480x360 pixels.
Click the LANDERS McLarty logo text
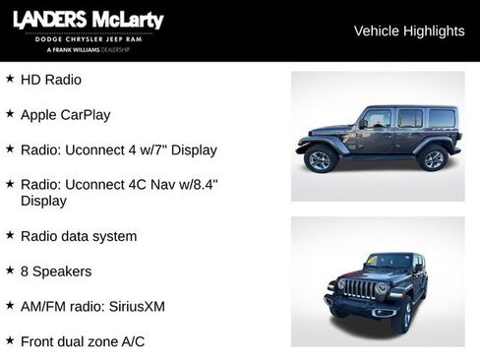pyautogui.click(x=88, y=21)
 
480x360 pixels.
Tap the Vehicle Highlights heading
pyautogui.click(x=408, y=30)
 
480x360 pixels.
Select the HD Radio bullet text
pyautogui.click(x=51, y=79)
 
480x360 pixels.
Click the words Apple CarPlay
pyautogui.click(x=65, y=114)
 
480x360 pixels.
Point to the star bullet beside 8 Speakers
pyautogui.click(x=10, y=270)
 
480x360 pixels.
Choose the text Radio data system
pyautogui.click(x=79, y=236)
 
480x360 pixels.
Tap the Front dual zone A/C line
pyautogui.click(x=83, y=341)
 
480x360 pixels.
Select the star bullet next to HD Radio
pyautogui.click(x=10, y=78)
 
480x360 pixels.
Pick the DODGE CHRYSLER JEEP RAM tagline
pyautogui.click(x=88, y=39)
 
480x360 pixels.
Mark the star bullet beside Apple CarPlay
pyautogui.click(x=10, y=113)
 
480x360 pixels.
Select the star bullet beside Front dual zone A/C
pyautogui.click(x=10, y=340)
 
